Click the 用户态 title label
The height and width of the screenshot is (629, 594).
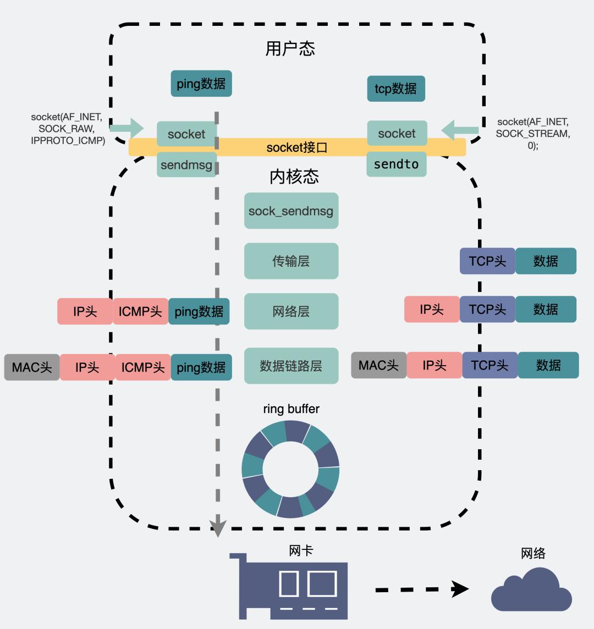[x=290, y=48]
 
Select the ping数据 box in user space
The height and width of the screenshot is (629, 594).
[x=201, y=84]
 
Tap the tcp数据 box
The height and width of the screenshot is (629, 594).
[x=396, y=89]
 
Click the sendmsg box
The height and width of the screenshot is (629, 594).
[x=186, y=164]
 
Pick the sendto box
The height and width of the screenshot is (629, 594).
[x=396, y=164]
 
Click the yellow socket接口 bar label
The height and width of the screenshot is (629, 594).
[x=297, y=147]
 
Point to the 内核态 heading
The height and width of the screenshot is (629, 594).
[x=294, y=176]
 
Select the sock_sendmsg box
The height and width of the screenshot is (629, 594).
[x=291, y=211]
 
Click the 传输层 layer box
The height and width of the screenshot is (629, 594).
[x=291, y=261]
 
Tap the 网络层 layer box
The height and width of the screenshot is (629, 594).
[x=291, y=311]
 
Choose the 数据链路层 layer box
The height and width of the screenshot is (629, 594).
[x=291, y=366]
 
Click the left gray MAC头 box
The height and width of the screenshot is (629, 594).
[x=32, y=367]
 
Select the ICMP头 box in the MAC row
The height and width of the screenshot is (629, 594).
[x=143, y=367]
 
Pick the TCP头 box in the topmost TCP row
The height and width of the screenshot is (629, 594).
[x=487, y=261]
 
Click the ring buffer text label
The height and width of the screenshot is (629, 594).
[x=291, y=409]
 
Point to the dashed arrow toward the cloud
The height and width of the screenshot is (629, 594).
[x=421, y=589]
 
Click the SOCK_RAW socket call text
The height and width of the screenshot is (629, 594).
[x=67, y=128]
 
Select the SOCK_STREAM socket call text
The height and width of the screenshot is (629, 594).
[x=532, y=134]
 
